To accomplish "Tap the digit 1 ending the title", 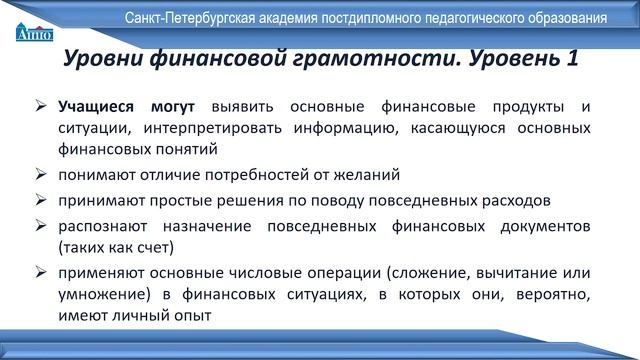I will [x=570, y=59].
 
